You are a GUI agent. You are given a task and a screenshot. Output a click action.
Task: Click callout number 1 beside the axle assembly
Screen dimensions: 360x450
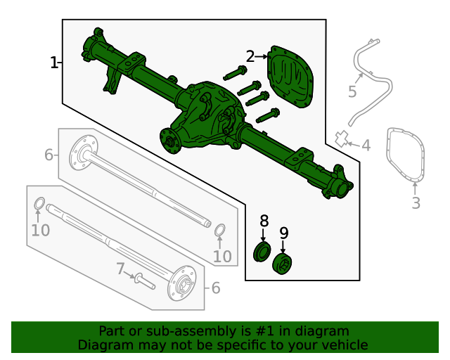pos(54,63)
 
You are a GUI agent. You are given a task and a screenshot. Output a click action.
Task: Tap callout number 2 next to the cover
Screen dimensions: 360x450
pos(251,56)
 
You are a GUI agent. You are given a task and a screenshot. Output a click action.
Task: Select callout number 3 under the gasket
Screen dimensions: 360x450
pos(416,203)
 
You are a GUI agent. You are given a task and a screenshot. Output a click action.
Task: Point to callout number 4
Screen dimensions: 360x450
pos(366,146)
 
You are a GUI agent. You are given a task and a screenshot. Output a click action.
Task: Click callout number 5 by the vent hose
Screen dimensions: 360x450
pos(352,92)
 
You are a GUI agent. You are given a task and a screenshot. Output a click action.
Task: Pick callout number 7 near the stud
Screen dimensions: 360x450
pos(120,268)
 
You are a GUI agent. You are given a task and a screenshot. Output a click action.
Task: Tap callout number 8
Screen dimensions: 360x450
pos(264,221)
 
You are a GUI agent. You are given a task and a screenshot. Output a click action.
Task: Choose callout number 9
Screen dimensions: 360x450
pos(284,233)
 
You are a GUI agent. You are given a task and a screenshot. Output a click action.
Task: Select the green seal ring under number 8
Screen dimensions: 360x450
pos(262,252)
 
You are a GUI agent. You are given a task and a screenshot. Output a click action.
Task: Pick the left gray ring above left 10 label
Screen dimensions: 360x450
pos(40,205)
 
